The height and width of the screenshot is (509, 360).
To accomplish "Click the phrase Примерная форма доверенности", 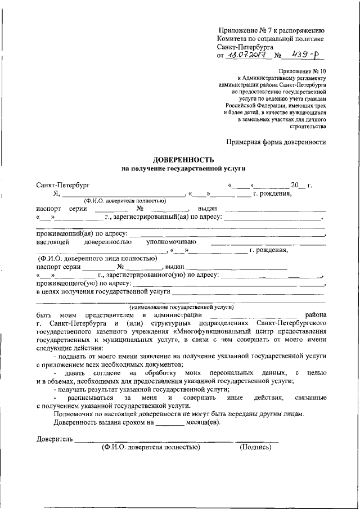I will coord(276,142).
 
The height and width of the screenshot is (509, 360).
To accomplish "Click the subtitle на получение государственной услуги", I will coord(184,168).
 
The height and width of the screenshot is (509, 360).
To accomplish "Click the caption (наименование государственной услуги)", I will coord(181,308).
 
